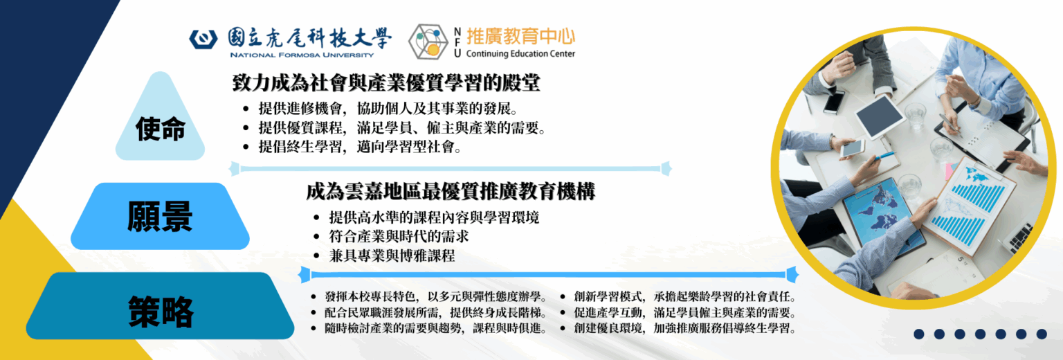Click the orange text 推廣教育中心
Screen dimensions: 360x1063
click(x=520, y=35)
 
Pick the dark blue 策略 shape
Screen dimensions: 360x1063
click(x=160, y=310)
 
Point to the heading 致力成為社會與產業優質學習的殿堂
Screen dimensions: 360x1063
click(x=385, y=84)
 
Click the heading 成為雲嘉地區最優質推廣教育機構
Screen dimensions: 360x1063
click(x=451, y=191)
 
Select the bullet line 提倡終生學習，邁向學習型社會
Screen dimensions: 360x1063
click(x=359, y=147)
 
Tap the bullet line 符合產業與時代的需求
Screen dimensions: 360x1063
click(x=399, y=236)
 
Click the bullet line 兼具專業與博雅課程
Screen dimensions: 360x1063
click(x=392, y=255)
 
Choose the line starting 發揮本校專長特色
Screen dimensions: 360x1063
click(x=437, y=296)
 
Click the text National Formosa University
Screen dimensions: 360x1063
click(x=301, y=55)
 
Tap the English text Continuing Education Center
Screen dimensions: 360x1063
click(x=520, y=54)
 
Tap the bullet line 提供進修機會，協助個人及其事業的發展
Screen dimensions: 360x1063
click(x=388, y=109)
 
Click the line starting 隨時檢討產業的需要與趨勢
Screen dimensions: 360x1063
click(x=437, y=328)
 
